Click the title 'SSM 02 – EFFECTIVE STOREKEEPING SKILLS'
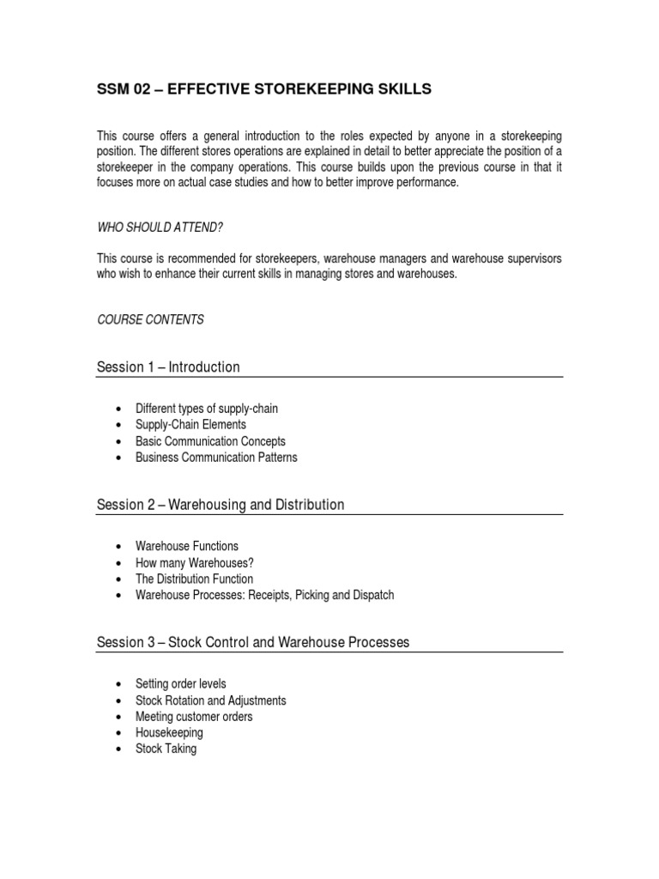(263, 90)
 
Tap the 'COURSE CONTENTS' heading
(150, 319)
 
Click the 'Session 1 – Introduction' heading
(168, 367)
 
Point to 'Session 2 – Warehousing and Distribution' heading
(221, 505)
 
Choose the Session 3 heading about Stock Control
(253, 642)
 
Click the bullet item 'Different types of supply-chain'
(207, 409)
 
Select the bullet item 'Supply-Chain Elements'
(190, 425)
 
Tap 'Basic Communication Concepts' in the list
(210, 441)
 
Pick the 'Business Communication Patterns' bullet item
(216, 458)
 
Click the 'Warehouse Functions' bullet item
(187, 546)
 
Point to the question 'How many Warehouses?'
(194, 562)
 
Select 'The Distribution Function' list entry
(194, 579)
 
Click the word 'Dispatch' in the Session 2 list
(371, 595)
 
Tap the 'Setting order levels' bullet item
(181, 684)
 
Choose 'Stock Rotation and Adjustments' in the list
(210, 700)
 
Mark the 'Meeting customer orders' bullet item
(194, 717)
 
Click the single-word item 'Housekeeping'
(169, 733)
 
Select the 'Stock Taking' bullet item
(166, 749)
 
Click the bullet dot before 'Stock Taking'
(118, 749)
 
